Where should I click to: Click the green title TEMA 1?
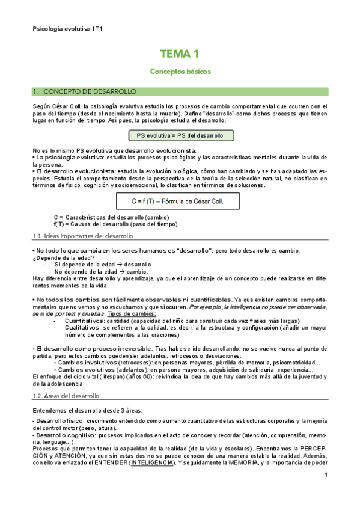(x=180, y=54)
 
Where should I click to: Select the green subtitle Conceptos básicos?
(x=180, y=71)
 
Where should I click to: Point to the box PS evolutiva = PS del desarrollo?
(x=180, y=135)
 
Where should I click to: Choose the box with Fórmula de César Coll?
(x=180, y=201)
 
